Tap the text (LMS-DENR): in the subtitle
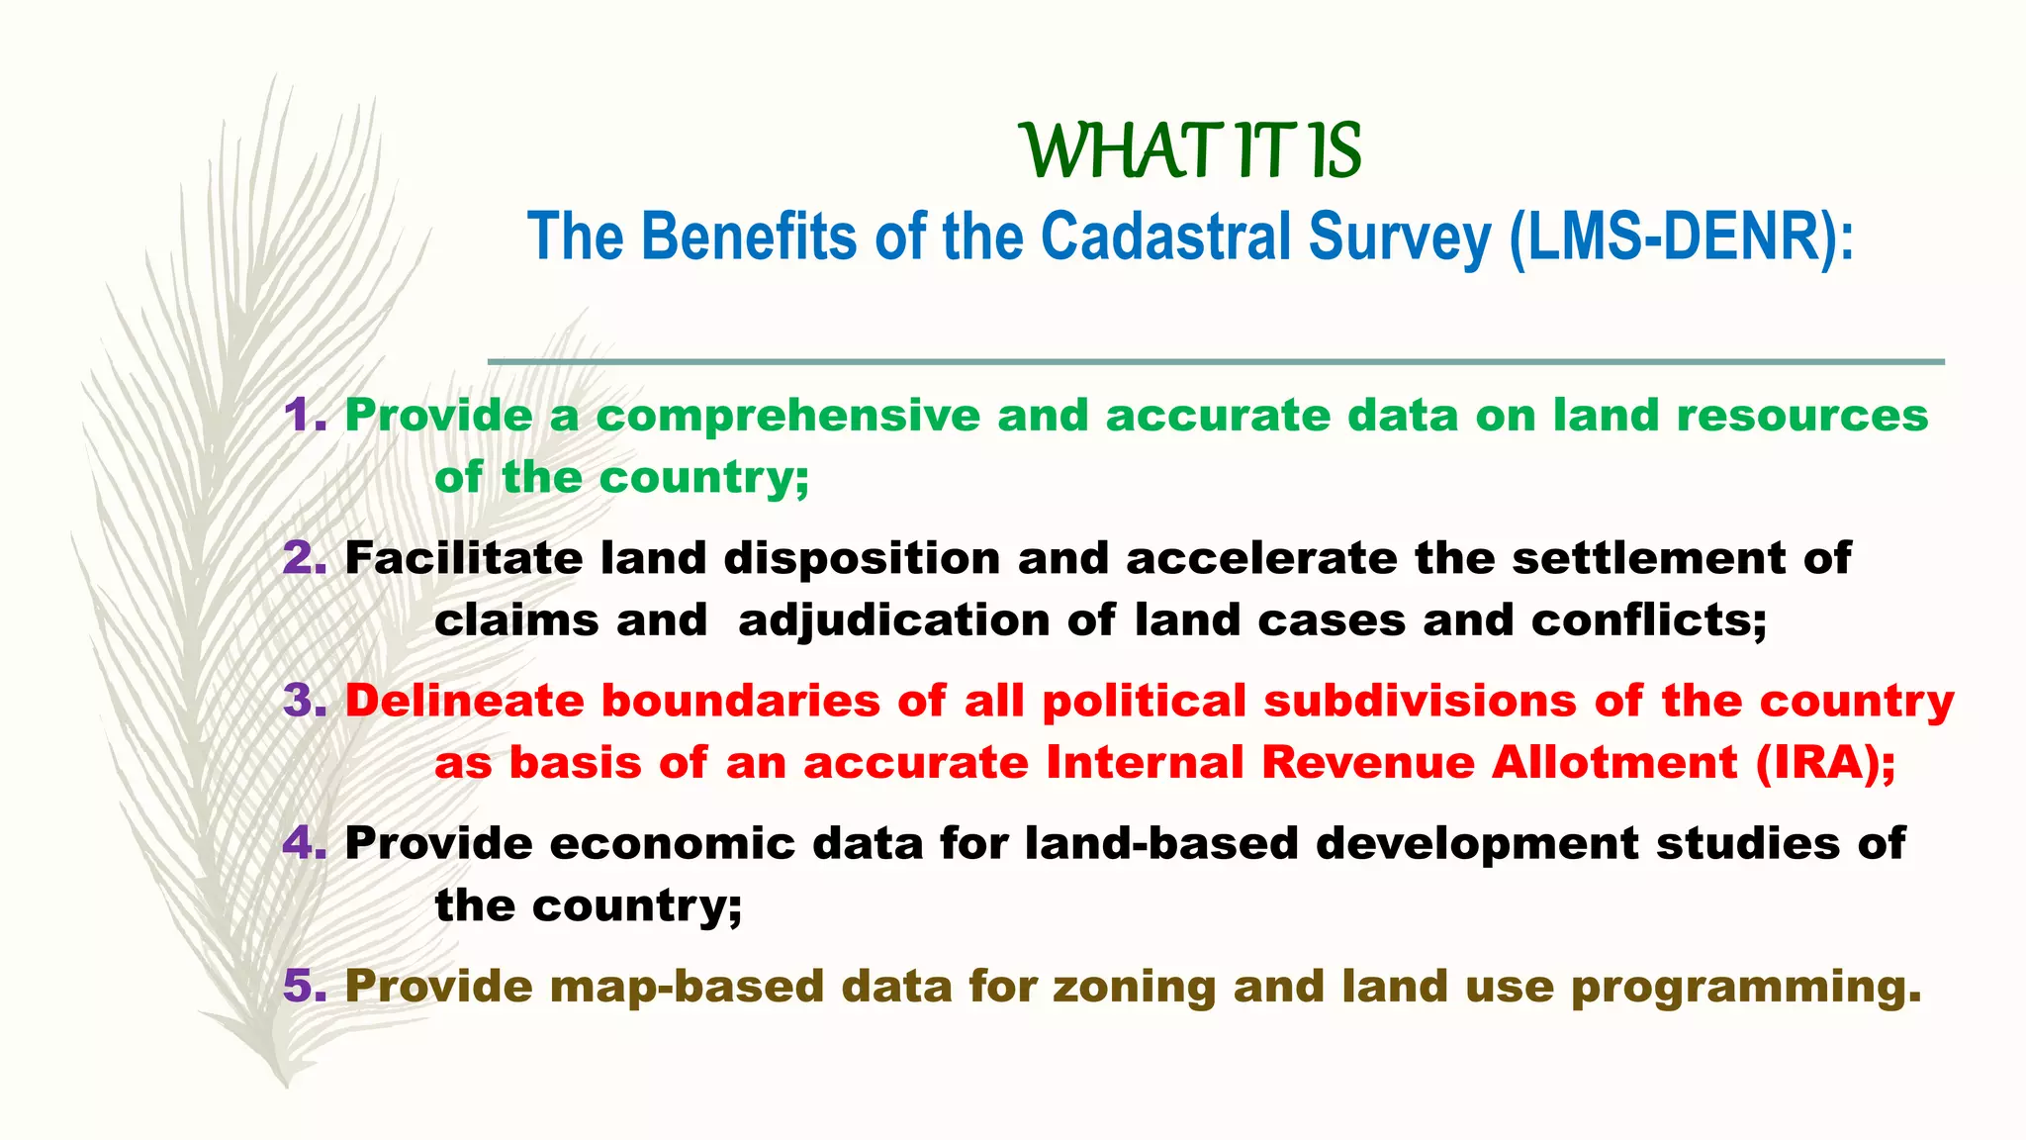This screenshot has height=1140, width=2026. (x=1682, y=237)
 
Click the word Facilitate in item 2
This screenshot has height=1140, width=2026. (x=463, y=559)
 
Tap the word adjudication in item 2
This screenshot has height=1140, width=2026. (x=893, y=621)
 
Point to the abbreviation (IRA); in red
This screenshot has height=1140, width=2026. (x=1826, y=764)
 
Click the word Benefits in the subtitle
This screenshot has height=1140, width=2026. (x=749, y=237)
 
